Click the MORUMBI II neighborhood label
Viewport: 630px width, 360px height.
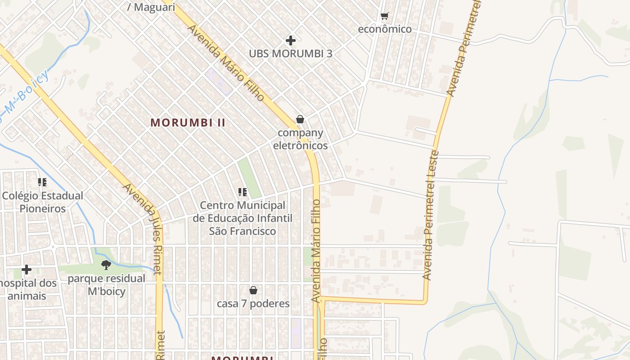[188, 122]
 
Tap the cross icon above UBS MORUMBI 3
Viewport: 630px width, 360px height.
[291, 40]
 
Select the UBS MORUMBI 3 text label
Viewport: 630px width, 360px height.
[291, 54]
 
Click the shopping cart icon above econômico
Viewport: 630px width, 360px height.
[384, 16]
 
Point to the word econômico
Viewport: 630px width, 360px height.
[384, 29]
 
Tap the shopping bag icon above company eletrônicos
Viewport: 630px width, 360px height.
[300, 119]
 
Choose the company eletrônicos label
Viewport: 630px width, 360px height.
[300, 139]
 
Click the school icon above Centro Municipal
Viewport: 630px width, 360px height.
[243, 192]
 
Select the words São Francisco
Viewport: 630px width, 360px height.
[243, 231]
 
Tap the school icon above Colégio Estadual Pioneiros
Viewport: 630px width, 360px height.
[42, 182]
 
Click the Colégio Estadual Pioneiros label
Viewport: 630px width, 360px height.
[42, 202]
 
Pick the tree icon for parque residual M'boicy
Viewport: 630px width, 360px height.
[106, 265]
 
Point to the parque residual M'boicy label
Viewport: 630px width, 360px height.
[107, 285]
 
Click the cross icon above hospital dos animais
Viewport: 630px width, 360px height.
[27, 270]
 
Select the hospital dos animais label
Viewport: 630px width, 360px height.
[28, 289]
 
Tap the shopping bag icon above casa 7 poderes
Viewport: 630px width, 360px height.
[253, 290]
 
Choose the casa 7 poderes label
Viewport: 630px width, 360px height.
[253, 304]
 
